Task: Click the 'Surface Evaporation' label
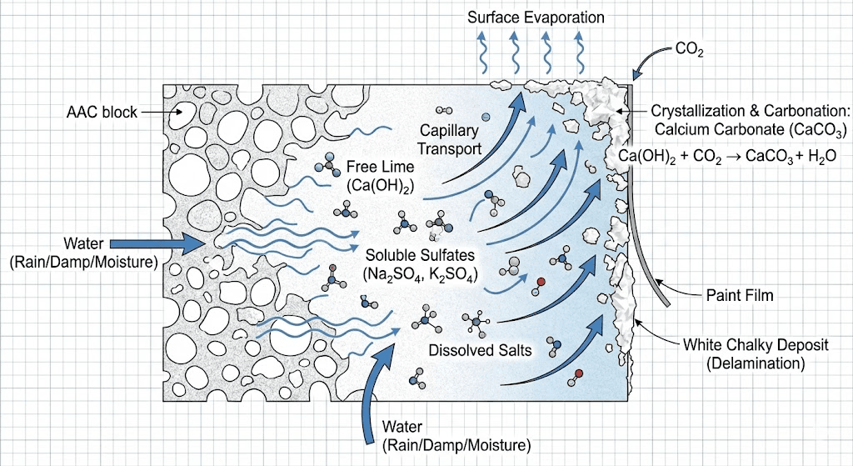click(x=536, y=18)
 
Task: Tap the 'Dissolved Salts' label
click(x=480, y=350)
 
